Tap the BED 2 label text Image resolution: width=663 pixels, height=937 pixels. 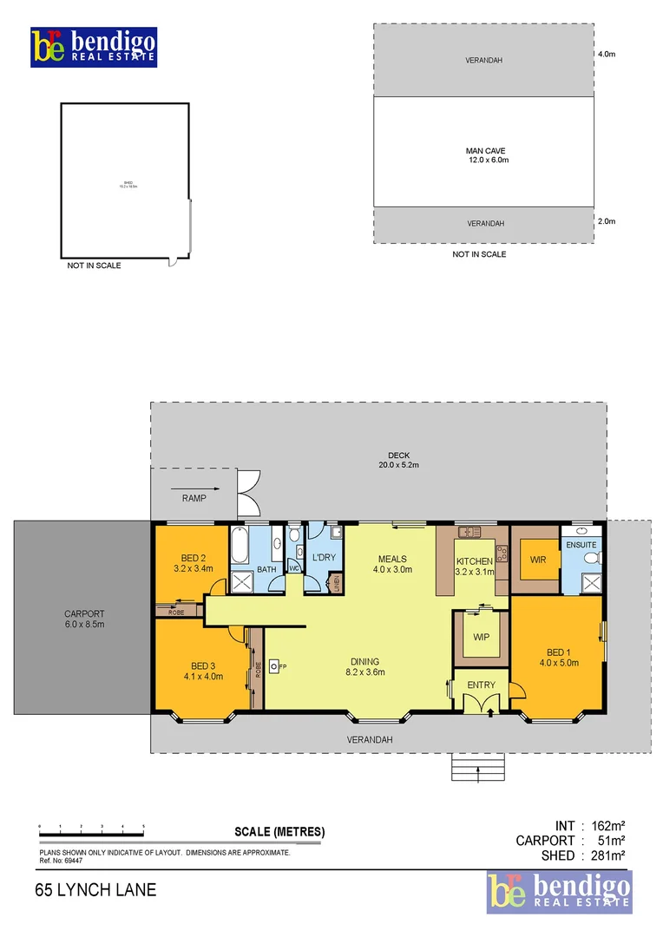click(194, 558)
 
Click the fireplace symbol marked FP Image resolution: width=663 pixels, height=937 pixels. click(275, 665)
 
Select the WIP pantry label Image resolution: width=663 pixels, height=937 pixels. click(482, 636)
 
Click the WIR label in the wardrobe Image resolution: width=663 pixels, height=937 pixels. click(538, 560)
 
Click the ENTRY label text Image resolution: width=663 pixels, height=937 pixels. click(482, 685)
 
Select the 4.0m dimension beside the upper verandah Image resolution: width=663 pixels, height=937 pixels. click(606, 54)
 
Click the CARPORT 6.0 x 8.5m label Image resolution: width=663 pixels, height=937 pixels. click(84, 618)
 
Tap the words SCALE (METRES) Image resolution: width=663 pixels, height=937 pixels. click(279, 831)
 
